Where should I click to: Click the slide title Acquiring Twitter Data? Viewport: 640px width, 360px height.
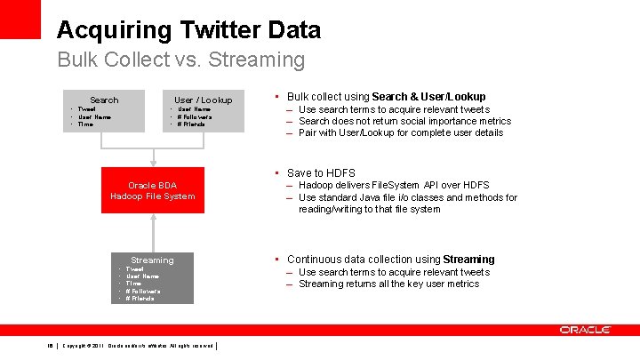188,29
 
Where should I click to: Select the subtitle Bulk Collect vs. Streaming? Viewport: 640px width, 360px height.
180,60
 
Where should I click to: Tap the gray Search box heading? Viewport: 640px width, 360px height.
104,100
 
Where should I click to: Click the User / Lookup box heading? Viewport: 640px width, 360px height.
203,100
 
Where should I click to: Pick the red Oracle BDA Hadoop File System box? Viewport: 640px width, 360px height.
153,190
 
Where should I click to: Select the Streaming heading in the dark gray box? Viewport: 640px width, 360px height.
152,260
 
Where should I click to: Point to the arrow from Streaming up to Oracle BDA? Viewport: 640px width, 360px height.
153,230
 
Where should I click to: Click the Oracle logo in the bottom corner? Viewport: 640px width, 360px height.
585,330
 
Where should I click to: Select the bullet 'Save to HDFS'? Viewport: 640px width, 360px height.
321,172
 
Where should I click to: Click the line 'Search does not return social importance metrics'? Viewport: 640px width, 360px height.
404,121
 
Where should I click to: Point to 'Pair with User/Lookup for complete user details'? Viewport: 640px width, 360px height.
400,132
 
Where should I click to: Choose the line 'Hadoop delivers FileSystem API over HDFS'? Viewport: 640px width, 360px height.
395,185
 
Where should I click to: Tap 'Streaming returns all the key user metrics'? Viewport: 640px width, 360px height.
388,284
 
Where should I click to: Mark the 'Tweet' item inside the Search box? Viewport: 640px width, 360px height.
87,109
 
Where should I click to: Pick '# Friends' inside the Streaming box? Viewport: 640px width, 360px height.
140,298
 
